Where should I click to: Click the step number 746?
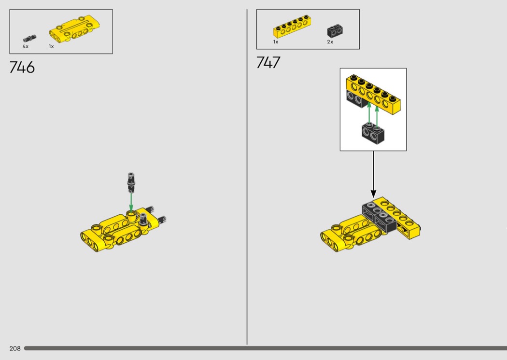tap(22, 67)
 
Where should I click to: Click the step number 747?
tap(268, 62)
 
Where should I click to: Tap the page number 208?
tap(15, 348)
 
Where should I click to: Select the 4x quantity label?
tap(26, 46)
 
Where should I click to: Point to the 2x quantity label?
tap(330, 42)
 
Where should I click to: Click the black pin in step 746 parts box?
tap(29, 39)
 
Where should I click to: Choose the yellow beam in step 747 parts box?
tap(292, 27)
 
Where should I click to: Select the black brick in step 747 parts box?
tap(335, 31)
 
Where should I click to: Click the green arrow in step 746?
tap(131, 202)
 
